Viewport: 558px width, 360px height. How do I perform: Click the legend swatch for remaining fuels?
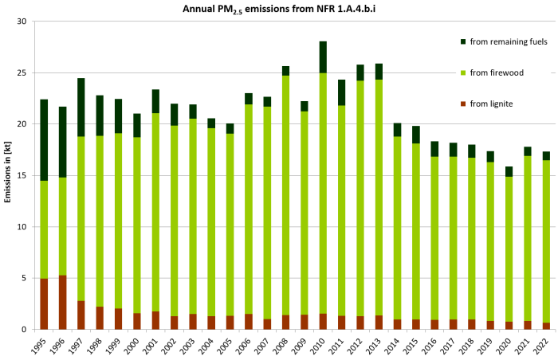click(x=464, y=41)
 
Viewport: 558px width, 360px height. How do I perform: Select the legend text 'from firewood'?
click(x=497, y=72)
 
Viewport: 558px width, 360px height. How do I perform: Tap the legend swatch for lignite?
click(x=464, y=103)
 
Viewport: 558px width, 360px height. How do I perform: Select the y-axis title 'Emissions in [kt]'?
click(x=7, y=176)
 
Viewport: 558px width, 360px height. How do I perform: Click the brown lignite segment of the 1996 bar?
click(x=63, y=302)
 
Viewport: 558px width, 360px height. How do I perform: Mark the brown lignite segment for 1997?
click(x=81, y=315)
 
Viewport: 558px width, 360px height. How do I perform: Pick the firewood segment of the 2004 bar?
click(x=211, y=222)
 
